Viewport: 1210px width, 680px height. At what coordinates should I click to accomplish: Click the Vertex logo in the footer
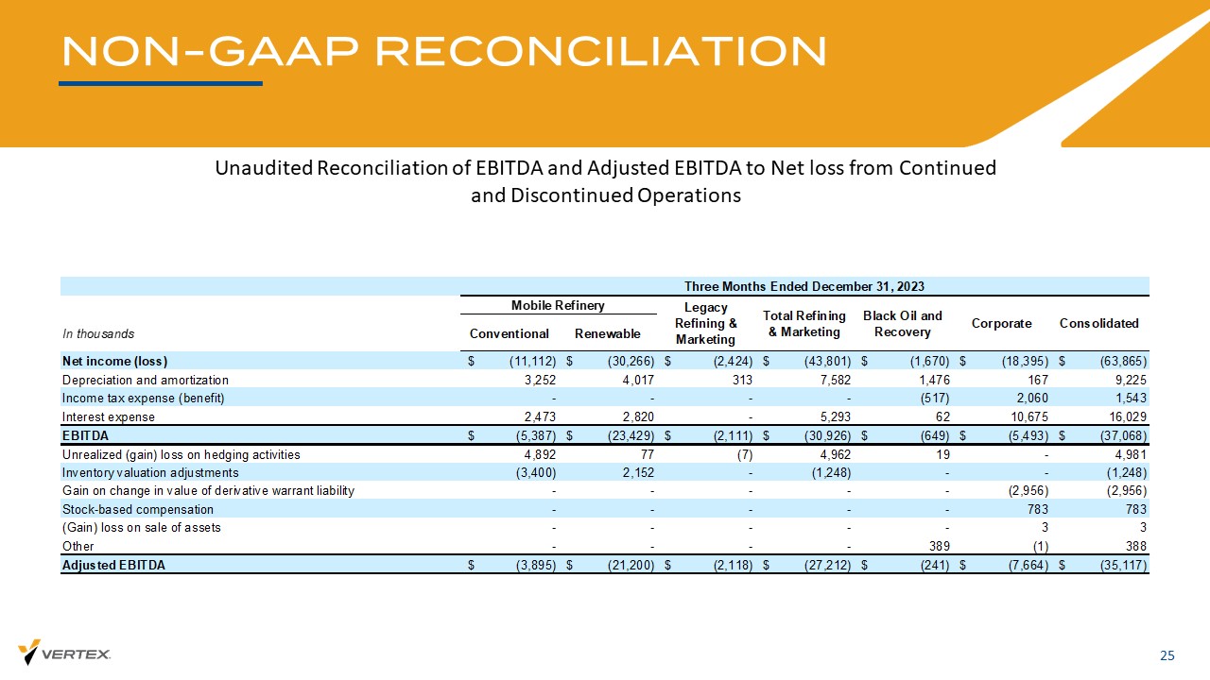[64, 653]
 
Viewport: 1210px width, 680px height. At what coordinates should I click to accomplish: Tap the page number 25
[1167, 656]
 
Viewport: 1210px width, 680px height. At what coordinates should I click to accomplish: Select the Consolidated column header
[1098, 323]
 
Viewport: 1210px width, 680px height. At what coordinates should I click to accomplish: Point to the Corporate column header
[1002, 323]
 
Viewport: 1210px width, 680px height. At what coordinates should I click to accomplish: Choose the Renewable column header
[608, 333]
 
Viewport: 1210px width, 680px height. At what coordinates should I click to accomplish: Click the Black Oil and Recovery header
[903, 323]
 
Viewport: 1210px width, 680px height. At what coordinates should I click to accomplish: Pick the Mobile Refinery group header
[559, 305]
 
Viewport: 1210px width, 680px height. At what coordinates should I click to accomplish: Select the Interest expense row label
[109, 416]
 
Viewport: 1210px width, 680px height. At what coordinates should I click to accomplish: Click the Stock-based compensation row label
[138, 509]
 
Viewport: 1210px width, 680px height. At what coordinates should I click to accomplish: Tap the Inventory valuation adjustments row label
[150, 472]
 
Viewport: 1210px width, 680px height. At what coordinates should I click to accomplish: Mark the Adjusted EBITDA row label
[112, 565]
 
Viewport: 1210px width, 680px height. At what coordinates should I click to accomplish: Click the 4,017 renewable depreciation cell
[635, 380]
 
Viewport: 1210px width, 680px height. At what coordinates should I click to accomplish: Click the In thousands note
[98, 333]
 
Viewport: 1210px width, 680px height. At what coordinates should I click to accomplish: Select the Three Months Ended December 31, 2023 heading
[804, 286]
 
